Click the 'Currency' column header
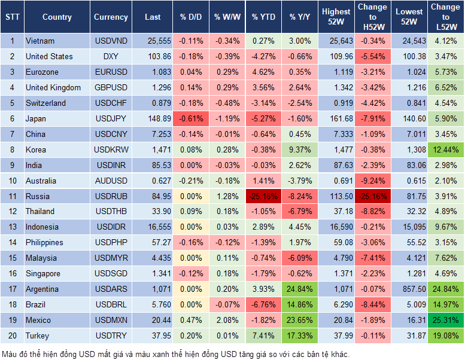tap(111, 17)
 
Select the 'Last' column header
tap(153, 17)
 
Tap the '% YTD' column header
tap(263, 17)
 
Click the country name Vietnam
tap(40, 41)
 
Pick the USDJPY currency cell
tap(111, 119)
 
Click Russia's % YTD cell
tap(263, 196)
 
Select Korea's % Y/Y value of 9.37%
tap(300, 150)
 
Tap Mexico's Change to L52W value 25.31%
tap(446, 321)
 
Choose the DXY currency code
tap(111, 57)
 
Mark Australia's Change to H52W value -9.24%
tap(372, 181)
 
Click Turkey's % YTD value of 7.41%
tap(263, 336)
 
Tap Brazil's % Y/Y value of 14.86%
tap(300, 305)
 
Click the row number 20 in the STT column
tap(12, 336)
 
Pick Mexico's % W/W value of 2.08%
tap(227, 321)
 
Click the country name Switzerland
tap(45, 103)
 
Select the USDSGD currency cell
tap(111, 274)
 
